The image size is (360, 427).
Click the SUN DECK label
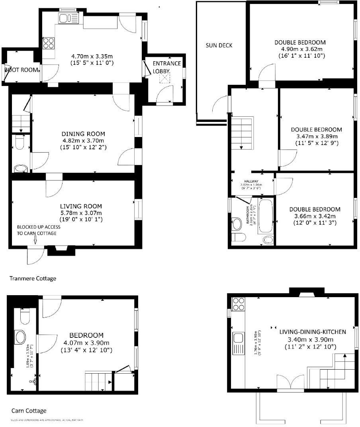[x=219, y=45]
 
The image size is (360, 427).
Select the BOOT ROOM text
[x=22, y=70]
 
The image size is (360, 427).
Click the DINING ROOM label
[x=83, y=134]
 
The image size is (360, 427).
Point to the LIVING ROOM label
[x=81, y=206]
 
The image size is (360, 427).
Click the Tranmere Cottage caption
[x=33, y=278]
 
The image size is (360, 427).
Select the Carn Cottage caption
[x=29, y=411]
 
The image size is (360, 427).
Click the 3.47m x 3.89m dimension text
[x=316, y=136]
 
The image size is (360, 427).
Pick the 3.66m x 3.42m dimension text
[x=315, y=216]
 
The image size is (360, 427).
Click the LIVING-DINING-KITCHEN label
[x=312, y=331]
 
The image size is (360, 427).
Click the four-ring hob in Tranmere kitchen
[x=49, y=43]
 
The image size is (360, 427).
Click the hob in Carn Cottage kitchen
[x=238, y=304]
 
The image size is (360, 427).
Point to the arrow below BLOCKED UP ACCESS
[x=35, y=239]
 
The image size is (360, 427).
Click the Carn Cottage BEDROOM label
[x=86, y=335]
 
